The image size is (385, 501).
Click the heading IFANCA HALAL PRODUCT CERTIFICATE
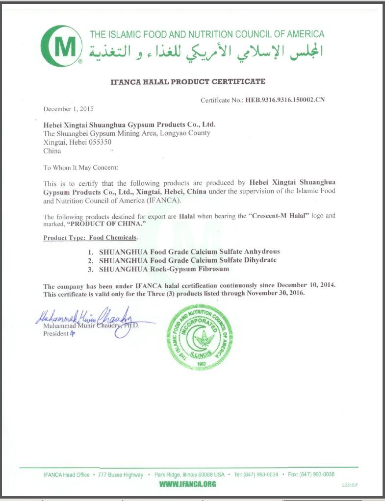click(x=188, y=82)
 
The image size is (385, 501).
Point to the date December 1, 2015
click(x=68, y=109)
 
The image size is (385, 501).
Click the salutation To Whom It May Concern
click(x=80, y=168)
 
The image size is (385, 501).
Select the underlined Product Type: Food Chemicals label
click(x=90, y=238)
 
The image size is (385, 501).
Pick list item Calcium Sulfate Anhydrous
click(x=189, y=251)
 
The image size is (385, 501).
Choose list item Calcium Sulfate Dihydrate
click(x=188, y=260)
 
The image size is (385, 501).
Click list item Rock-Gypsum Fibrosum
click(x=164, y=269)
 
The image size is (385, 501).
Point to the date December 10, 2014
click(x=306, y=285)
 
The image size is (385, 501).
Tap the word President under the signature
click(x=55, y=333)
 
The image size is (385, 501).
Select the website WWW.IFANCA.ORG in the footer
click(x=188, y=484)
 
